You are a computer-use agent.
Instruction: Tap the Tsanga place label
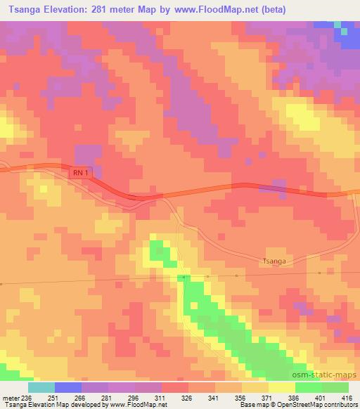point(274,259)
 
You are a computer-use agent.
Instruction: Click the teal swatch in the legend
point(41,387)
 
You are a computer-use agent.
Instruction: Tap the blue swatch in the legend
point(68,387)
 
